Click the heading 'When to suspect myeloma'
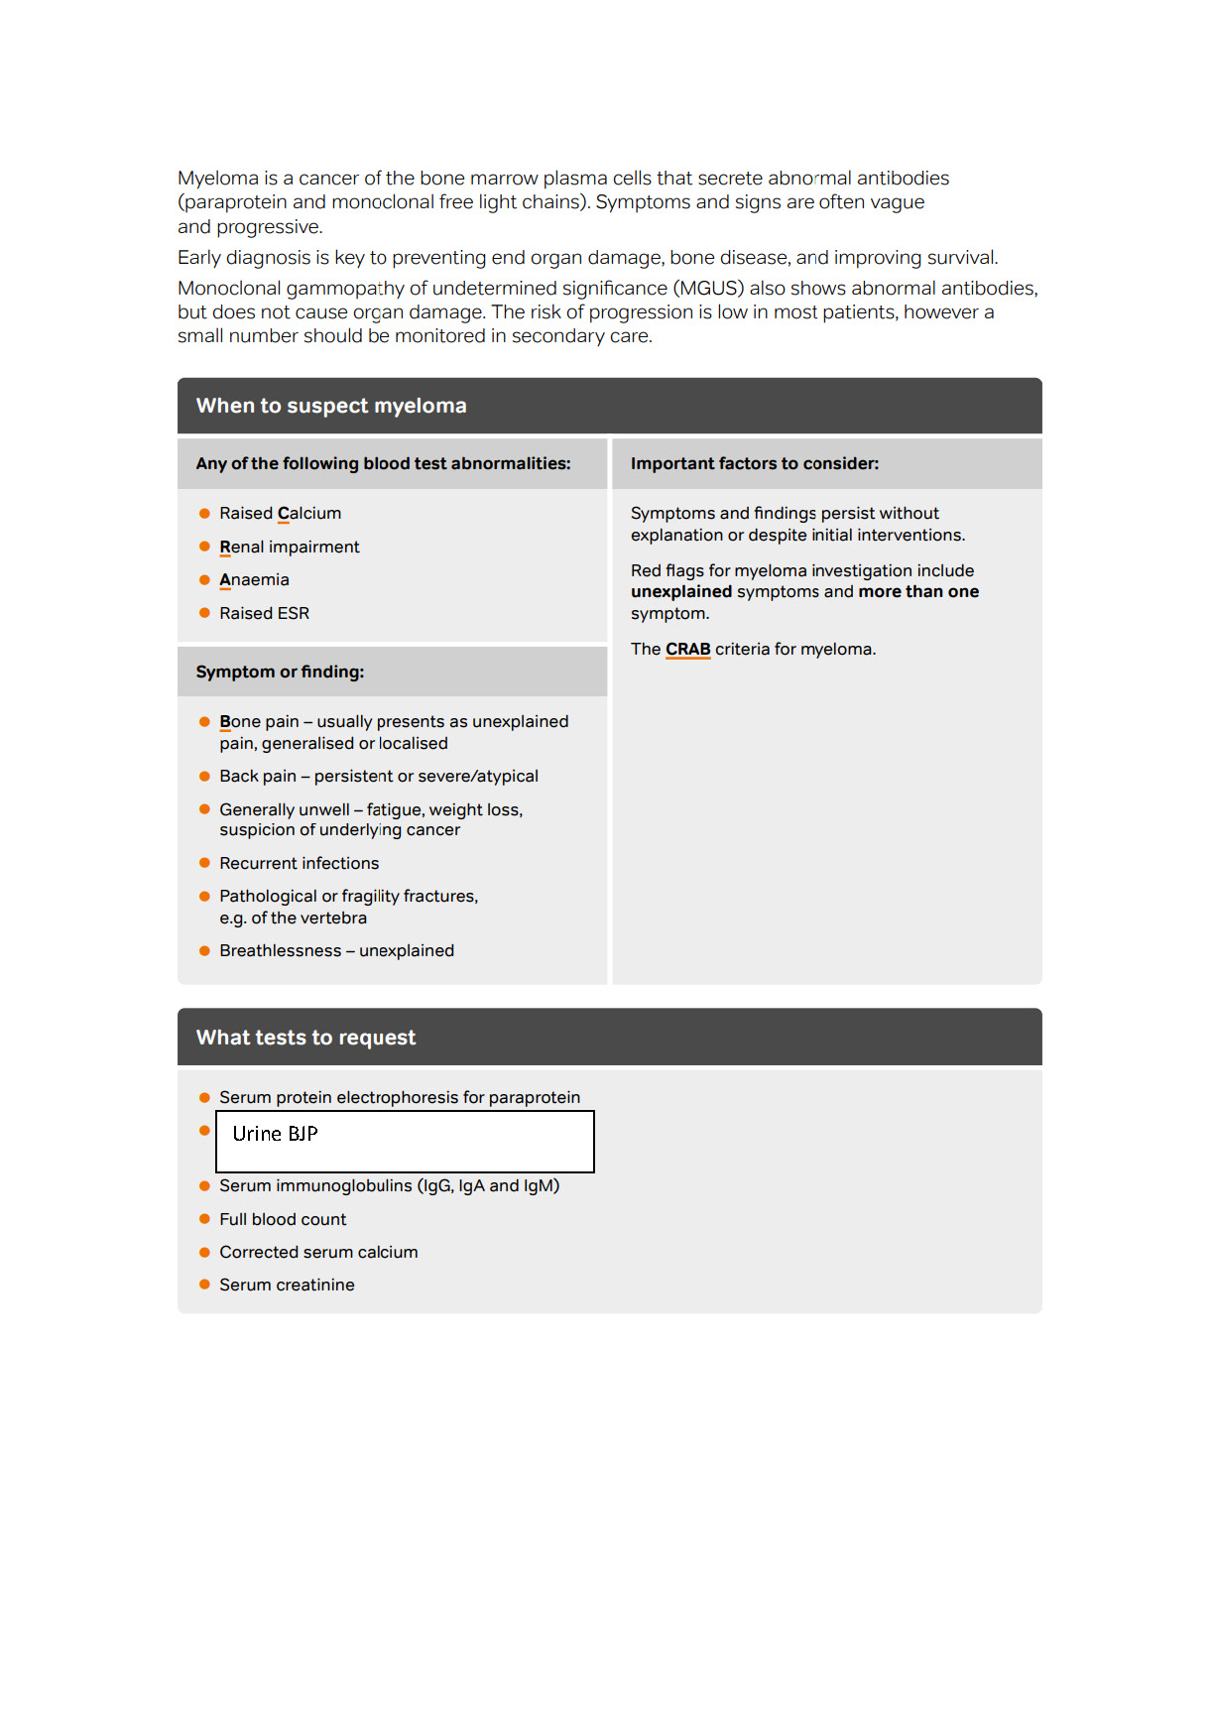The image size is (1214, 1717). point(331,406)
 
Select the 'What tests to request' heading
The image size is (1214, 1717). point(305,1038)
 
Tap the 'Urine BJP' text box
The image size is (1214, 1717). point(405,1142)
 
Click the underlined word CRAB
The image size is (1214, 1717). point(687,650)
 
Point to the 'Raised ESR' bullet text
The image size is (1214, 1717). point(264,614)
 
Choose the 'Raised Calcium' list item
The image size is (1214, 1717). point(280,514)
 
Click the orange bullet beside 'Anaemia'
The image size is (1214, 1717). point(204,580)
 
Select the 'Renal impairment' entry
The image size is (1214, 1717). point(289,548)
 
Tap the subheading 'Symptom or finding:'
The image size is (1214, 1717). point(280,673)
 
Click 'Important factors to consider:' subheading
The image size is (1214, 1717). point(754,464)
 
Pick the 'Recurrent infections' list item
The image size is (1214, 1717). point(299,864)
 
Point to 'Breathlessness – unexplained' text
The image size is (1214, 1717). point(336,951)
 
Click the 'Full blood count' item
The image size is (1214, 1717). point(283,1220)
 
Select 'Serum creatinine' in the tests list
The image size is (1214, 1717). point(287,1286)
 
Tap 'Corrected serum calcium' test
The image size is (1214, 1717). point(318,1253)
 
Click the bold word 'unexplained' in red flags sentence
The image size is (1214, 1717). point(680,592)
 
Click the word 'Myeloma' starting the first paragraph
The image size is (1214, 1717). point(218,179)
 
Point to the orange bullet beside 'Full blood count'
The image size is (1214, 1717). point(204,1219)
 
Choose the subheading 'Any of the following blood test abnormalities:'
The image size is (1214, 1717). point(383,464)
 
